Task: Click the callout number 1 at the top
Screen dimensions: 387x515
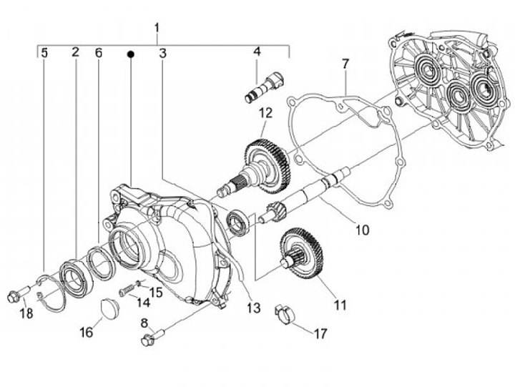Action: [157, 29]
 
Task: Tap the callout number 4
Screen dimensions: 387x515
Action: [257, 52]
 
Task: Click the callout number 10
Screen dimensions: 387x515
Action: [362, 230]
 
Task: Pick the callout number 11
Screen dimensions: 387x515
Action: [340, 305]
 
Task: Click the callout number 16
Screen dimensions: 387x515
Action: [87, 333]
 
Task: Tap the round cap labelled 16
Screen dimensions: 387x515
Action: [109, 308]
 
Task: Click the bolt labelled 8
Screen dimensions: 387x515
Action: [152, 335]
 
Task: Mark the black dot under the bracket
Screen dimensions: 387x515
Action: [131, 54]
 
